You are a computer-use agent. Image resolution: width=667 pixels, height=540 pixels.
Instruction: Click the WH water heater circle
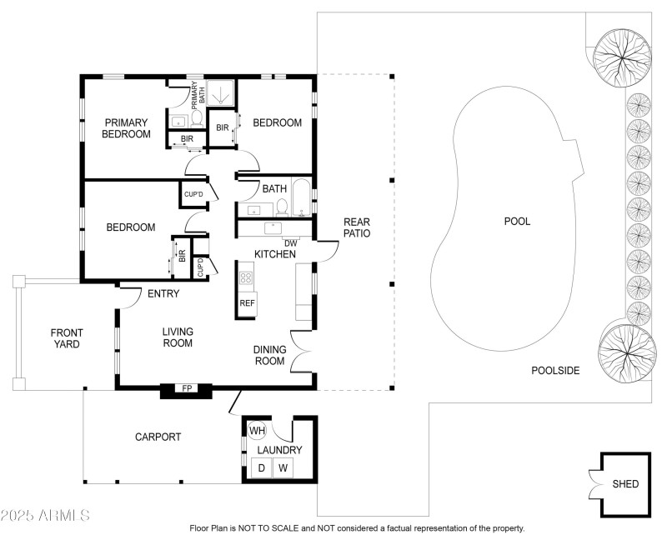coord(257,431)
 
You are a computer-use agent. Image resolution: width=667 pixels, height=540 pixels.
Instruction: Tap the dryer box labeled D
coord(261,469)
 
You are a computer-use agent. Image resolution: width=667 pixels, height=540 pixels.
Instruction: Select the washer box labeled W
coord(283,469)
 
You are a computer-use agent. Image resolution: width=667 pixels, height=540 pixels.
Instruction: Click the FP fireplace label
coord(187,388)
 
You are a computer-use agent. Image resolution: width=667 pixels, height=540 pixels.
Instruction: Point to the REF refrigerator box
coord(247,303)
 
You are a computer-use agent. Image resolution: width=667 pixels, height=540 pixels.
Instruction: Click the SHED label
coord(625,484)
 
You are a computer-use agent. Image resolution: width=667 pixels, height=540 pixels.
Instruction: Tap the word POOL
coord(517,222)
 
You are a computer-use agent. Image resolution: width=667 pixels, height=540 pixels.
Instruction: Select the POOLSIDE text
coord(555,370)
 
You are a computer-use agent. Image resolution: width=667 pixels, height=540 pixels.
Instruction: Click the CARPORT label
coord(158,437)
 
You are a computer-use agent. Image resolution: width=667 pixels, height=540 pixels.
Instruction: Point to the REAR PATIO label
coord(357,227)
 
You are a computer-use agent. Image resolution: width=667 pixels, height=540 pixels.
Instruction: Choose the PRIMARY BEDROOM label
coord(127,127)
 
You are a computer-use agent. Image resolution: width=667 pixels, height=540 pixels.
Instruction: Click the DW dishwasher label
coord(291,242)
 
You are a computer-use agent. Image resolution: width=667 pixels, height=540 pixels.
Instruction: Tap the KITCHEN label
coord(275,254)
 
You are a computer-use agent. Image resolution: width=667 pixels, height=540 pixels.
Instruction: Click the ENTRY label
coord(163,293)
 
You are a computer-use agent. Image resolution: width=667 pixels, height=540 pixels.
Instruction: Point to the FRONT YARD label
coord(66,338)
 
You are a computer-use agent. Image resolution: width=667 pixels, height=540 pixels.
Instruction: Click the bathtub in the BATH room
coord(301,199)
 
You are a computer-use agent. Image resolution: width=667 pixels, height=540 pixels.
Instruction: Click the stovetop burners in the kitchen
coord(247,277)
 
